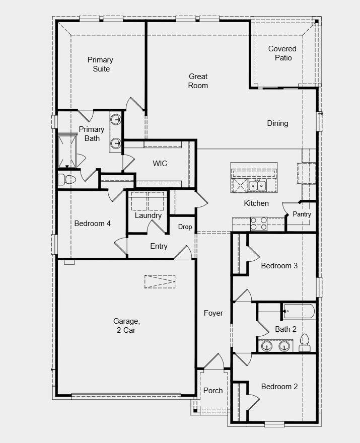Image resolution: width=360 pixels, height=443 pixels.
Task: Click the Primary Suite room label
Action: coord(100,64)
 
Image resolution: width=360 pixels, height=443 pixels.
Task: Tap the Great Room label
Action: coord(198,81)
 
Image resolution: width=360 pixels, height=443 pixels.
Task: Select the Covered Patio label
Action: coord(282,53)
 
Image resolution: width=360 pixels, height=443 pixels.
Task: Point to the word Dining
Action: coord(277,123)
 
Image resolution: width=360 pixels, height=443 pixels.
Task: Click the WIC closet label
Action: coord(160,164)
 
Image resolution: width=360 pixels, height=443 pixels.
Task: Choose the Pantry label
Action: coord(302,214)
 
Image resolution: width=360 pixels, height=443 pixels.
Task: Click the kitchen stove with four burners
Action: coord(258,223)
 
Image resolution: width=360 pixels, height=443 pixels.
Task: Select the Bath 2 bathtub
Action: coord(299,312)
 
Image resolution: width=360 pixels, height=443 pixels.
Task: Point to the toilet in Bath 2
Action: coord(304,344)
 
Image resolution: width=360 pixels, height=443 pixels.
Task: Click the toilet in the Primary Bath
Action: coord(66,179)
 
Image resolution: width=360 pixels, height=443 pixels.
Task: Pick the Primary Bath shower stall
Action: coord(68,152)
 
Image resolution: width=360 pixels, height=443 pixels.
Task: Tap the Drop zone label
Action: coord(185,227)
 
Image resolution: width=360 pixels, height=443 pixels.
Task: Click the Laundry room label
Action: coord(148,215)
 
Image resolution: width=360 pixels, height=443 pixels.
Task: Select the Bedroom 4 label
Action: coord(92,224)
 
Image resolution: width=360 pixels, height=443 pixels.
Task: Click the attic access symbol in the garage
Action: coord(159,282)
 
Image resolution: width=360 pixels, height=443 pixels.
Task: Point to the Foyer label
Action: coord(213,313)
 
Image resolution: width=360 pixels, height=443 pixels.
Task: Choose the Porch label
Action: coord(213,391)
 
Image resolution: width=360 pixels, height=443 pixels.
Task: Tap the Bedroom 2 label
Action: coord(279,387)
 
